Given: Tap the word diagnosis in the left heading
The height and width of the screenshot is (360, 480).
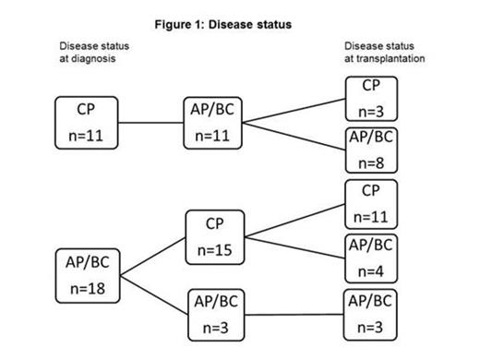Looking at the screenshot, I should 91,57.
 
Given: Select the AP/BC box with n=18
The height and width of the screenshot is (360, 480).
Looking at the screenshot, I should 87,274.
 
